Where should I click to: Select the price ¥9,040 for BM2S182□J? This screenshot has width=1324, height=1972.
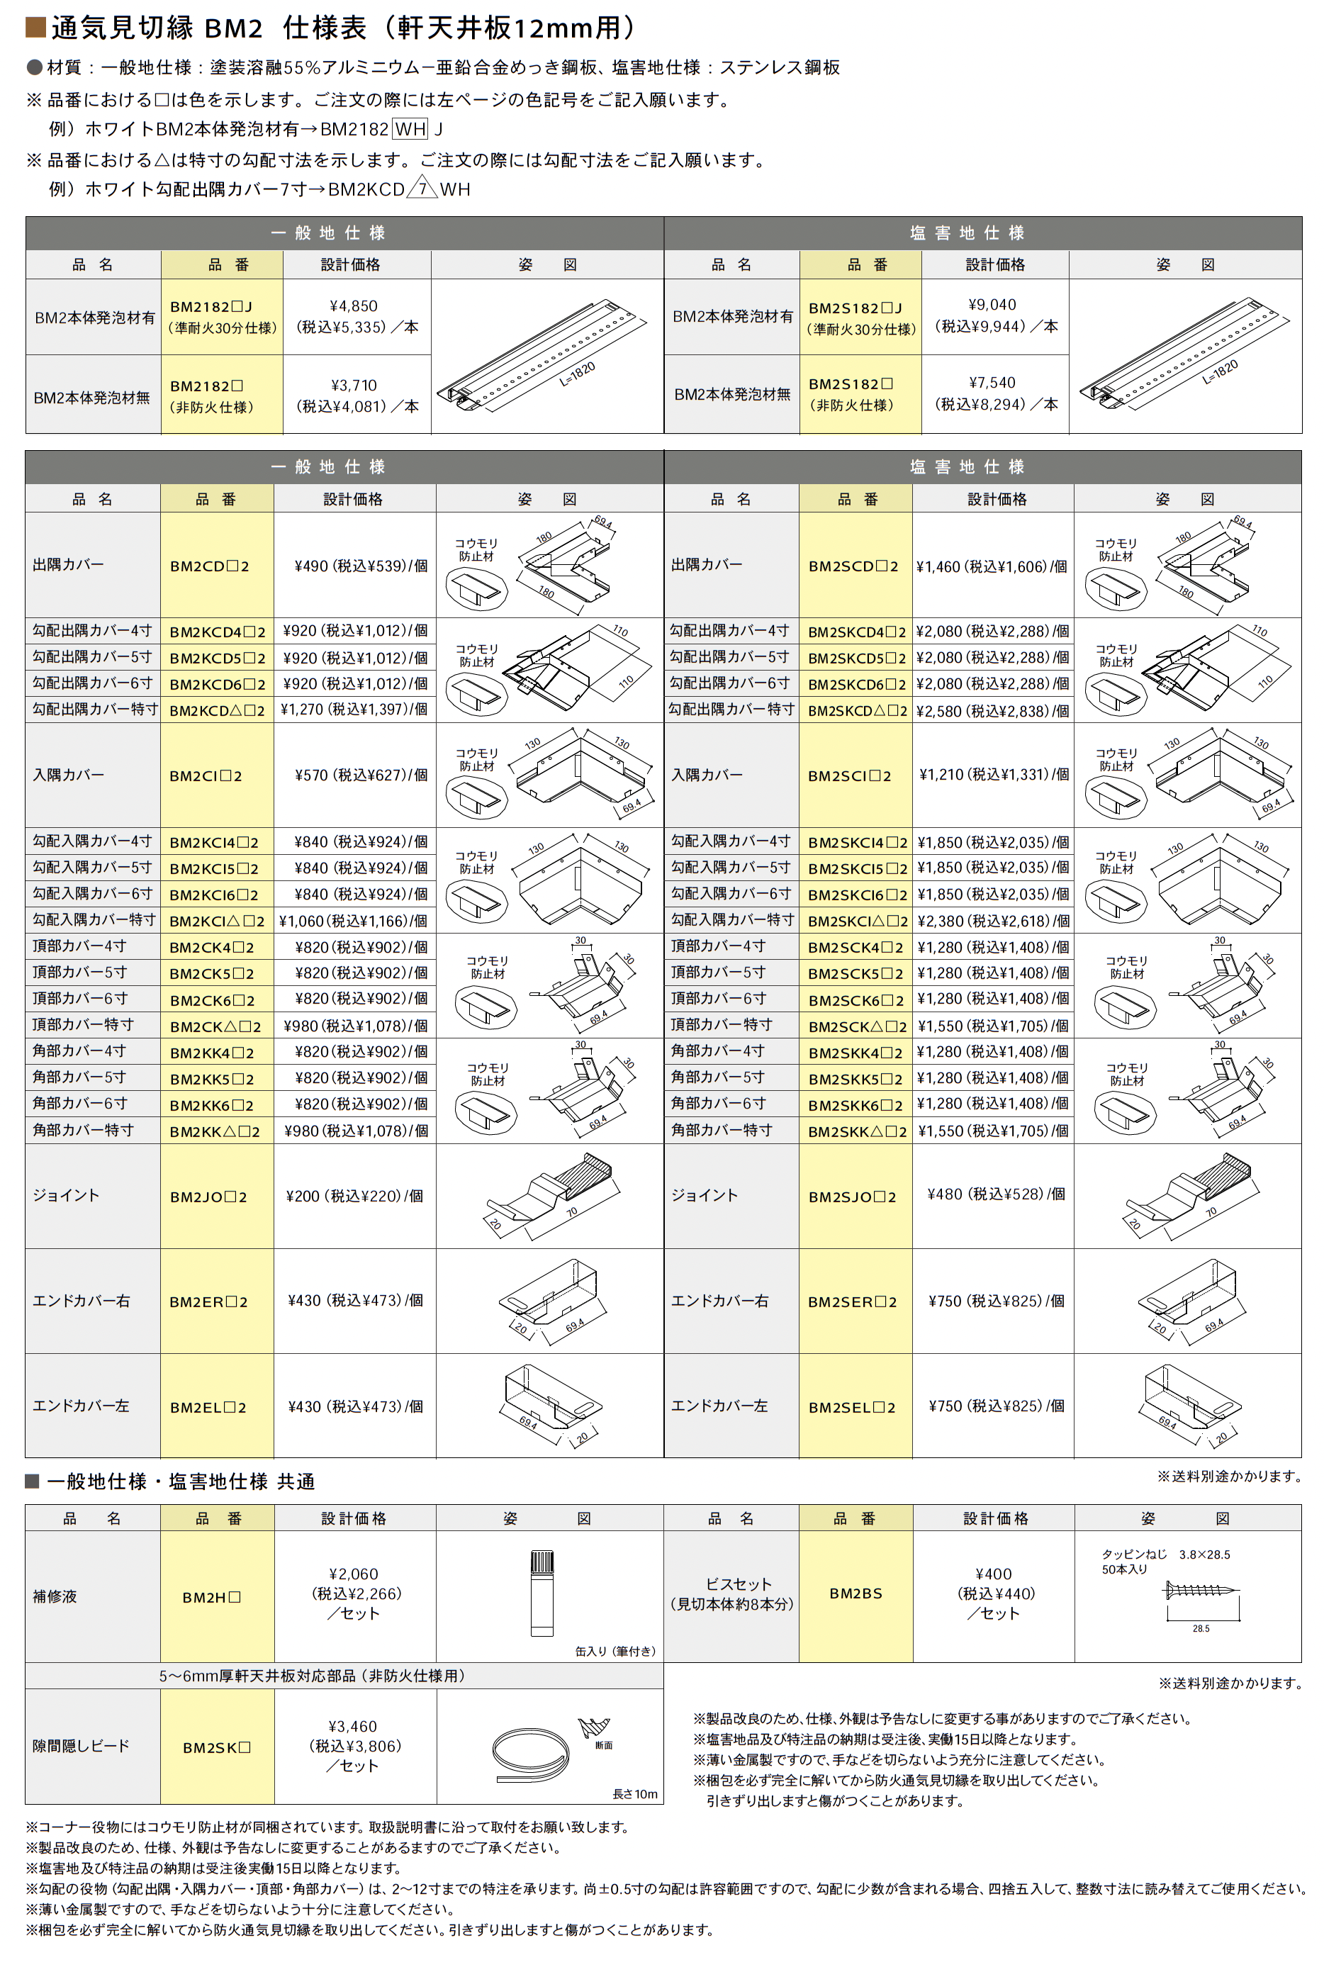(x=992, y=305)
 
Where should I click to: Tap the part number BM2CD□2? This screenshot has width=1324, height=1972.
(x=209, y=566)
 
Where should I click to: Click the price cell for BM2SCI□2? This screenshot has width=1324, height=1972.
(x=994, y=775)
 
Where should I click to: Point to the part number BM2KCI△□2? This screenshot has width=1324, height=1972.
(x=216, y=921)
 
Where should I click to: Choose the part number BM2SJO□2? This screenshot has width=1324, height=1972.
(x=852, y=1197)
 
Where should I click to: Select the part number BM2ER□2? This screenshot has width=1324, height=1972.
(x=208, y=1301)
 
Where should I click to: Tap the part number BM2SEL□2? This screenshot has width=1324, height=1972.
(x=851, y=1407)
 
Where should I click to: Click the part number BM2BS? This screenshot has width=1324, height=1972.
(x=855, y=1593)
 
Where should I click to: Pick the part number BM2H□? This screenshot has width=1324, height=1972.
(x=212, y=1597)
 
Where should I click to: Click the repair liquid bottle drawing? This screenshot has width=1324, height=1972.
(x=542, y=1593)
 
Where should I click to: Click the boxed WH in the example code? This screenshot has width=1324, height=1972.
(x=410, y=129)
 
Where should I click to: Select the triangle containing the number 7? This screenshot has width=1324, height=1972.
(x=421, y=189)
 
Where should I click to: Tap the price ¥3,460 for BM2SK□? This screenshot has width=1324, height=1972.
(x=352, y=1726)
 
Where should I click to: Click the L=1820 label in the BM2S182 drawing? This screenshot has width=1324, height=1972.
(x=1220, y=371)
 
